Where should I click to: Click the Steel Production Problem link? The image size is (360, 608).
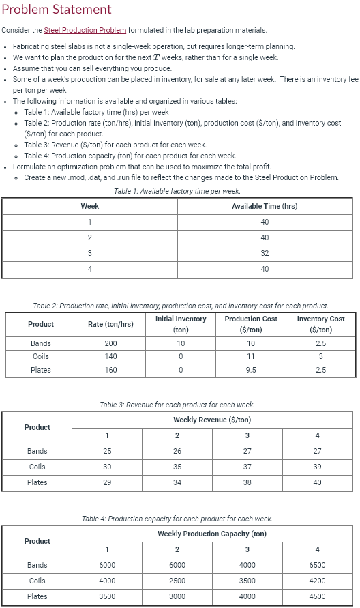[85, 30]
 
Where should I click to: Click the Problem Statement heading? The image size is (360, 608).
[57, 10]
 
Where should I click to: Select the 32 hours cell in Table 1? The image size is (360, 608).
[265, 253]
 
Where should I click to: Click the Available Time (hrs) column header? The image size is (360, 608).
[265, 206]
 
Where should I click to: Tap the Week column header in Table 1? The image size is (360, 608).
[89, 206]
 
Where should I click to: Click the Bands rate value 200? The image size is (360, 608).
[110, 343]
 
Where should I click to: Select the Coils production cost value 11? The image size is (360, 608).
[251, 356]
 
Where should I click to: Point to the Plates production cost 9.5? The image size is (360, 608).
[251, 370]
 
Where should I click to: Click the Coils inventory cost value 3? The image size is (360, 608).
[321, 356]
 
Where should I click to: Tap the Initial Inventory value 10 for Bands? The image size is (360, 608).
[181, 343]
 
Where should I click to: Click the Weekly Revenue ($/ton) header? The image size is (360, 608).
[212, 420]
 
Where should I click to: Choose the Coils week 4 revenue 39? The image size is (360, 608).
[317, 467]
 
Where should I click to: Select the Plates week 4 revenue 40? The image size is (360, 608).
[317, 482]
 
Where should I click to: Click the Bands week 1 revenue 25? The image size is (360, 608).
[107, 451]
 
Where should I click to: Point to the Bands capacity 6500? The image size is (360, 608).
[317, 565]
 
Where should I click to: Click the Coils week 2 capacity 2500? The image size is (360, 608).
[177, 581]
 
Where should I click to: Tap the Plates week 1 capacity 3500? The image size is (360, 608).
[107, 596]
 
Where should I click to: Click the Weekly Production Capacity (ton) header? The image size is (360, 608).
[212, 534]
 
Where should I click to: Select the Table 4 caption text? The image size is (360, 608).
[177, 519]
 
